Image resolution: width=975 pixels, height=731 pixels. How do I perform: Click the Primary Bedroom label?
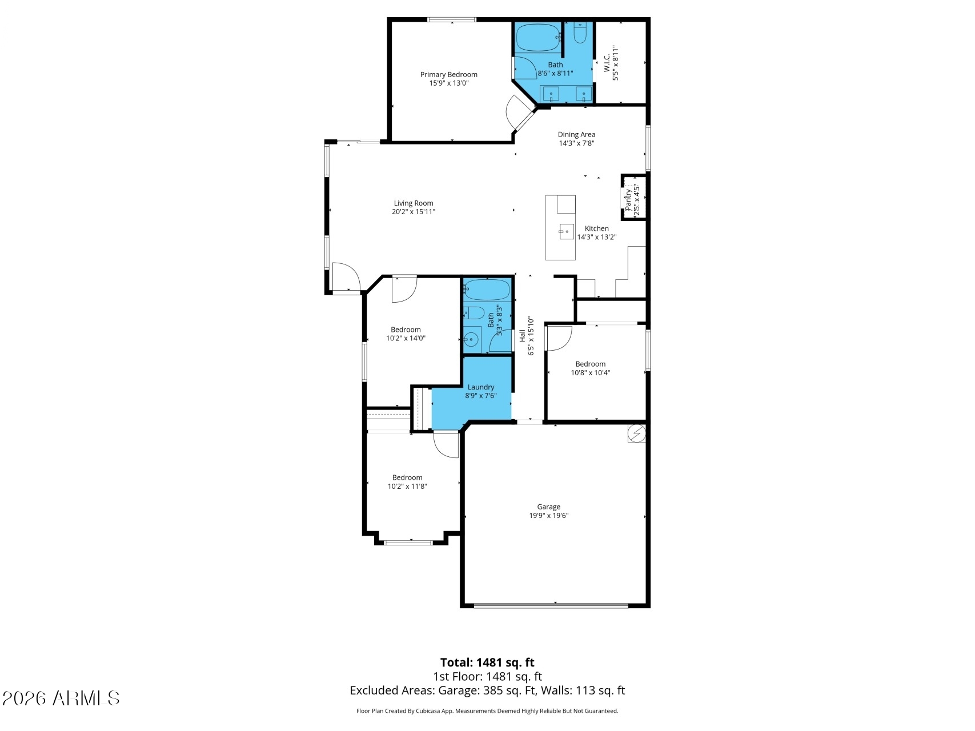448,75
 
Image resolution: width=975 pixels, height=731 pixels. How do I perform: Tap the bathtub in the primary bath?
539,38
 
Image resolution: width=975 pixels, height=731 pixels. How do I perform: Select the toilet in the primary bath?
579,33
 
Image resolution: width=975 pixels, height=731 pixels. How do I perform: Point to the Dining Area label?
576,135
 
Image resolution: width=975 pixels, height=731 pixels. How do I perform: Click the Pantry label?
628,199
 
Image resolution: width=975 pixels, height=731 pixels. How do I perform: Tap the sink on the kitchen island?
566,231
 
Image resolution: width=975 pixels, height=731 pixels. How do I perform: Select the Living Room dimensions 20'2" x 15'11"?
414,212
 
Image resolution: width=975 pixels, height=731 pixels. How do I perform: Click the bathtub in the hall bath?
487,290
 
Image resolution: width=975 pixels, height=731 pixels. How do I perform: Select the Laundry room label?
481,387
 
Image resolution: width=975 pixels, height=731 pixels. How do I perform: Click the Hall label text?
522,336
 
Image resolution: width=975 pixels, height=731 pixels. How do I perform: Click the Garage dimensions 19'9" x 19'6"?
549,516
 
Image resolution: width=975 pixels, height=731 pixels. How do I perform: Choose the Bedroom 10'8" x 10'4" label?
591,368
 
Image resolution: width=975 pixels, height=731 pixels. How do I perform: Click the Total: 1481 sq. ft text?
487,662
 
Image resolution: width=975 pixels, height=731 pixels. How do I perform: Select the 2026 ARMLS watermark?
61,698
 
